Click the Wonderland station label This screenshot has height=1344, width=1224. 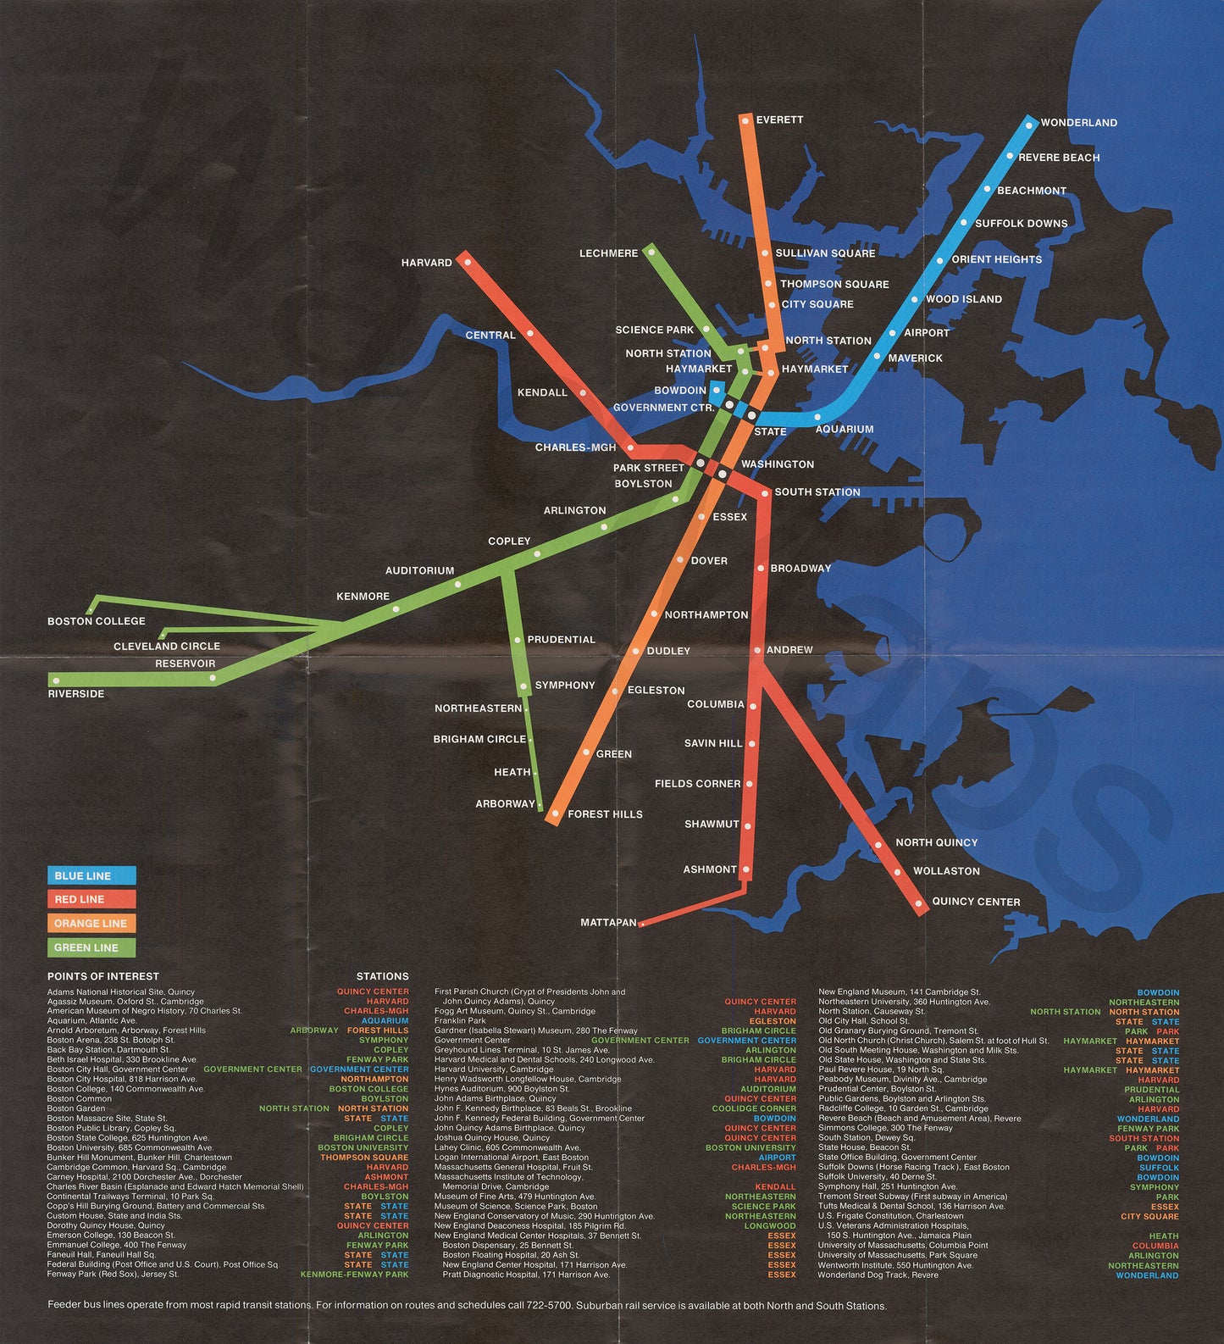[1078, 123]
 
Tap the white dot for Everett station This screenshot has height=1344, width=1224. [745, 121]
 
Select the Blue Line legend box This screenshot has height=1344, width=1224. [91, 875]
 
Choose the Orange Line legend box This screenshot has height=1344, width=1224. [91, 924]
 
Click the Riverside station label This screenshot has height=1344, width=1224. [76, 694]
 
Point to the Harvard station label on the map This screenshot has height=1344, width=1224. [427, 263]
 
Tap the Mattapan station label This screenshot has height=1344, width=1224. [608, 922]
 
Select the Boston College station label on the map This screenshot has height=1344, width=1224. [97, 621]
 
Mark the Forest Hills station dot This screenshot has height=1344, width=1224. [556, 814]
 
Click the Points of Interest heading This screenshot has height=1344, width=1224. [103, 976]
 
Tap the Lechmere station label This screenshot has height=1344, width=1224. [608, 253]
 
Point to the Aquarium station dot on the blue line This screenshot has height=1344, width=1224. [817, 416]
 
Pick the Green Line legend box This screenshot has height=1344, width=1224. [91, 947]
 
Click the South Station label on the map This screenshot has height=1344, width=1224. [817, 492]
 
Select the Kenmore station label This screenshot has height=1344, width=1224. [363, 597]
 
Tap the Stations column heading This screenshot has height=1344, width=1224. [382, 976]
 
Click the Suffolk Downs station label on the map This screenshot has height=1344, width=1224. [1021, 224]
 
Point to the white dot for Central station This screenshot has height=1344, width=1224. [530, 334]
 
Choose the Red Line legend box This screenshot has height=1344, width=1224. [91, 899]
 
